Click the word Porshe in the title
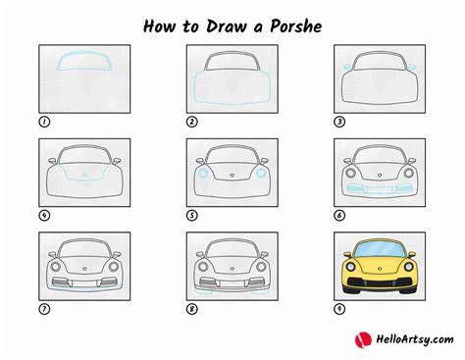[295, 26]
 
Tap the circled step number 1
[44, 122]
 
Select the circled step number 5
[192, 216]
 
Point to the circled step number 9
[339, 309]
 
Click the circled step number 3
[339, 122]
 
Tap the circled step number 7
[44, 309]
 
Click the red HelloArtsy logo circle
[363, 339]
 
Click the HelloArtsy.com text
[415, 339]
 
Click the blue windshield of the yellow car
[380, 250]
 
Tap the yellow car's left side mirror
[347, 254]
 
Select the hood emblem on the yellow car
[380, 269]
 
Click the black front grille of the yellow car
[380, 282]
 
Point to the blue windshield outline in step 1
[85, 52]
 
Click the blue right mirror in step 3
[412, 67]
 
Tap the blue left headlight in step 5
[203, 173]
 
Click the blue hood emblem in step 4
[84, 175]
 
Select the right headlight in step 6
[408, 173]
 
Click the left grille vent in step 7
[61, 282]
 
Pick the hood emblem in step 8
[232, 269]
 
